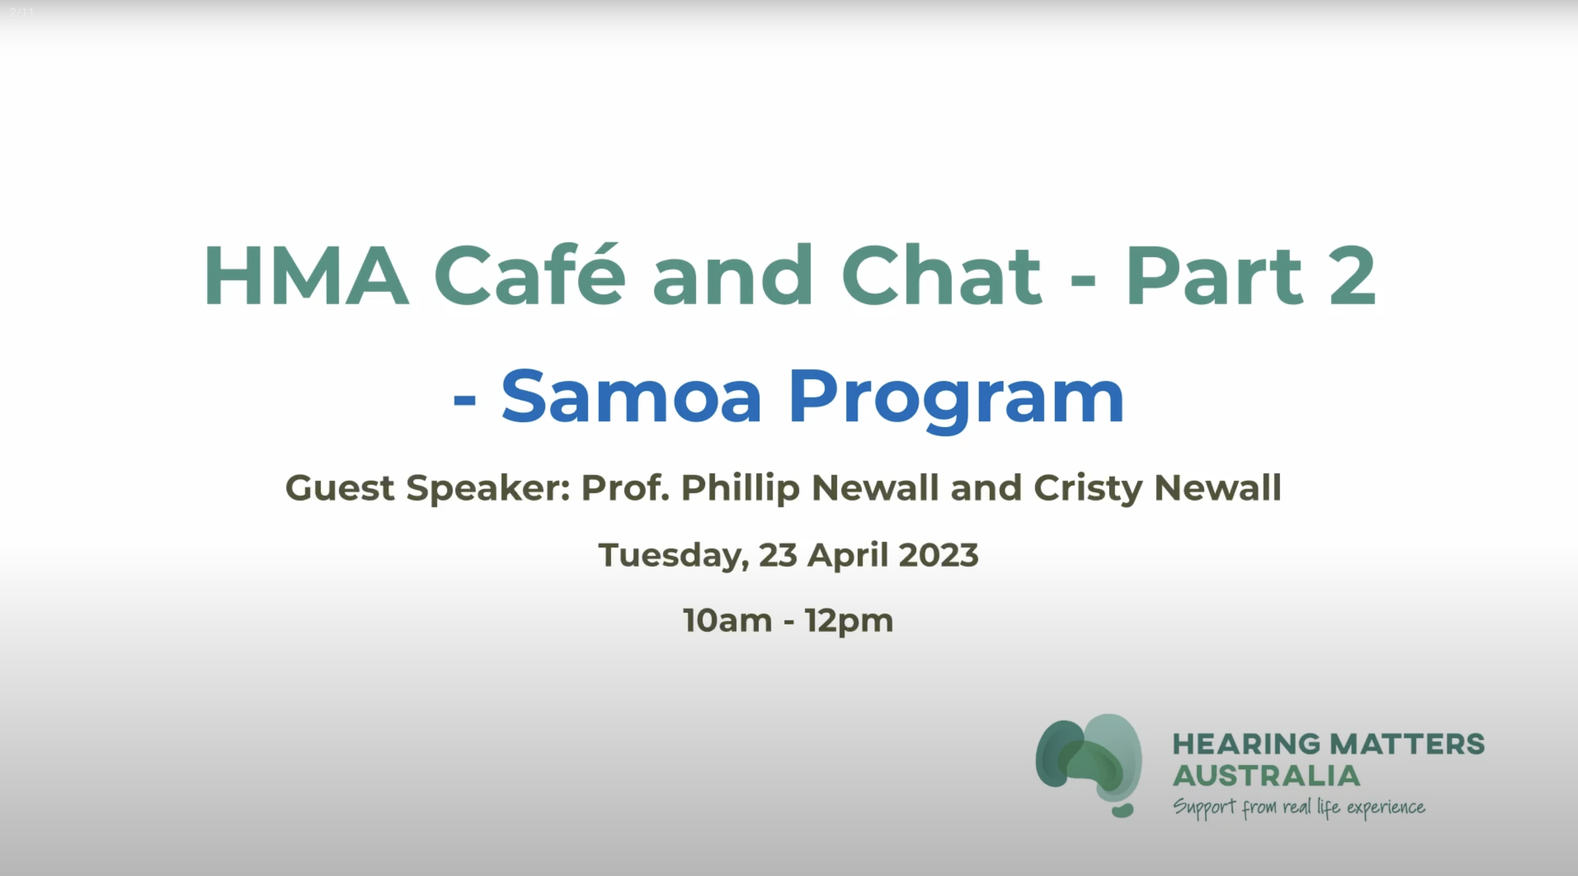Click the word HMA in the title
(306, 276)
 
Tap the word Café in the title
(529, 276)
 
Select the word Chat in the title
(941, 276)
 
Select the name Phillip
(741, 488)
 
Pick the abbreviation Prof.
(625, 488)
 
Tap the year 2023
(939, 555)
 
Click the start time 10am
(727, 621)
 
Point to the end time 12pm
(849, 621)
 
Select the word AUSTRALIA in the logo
(1266, 776)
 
